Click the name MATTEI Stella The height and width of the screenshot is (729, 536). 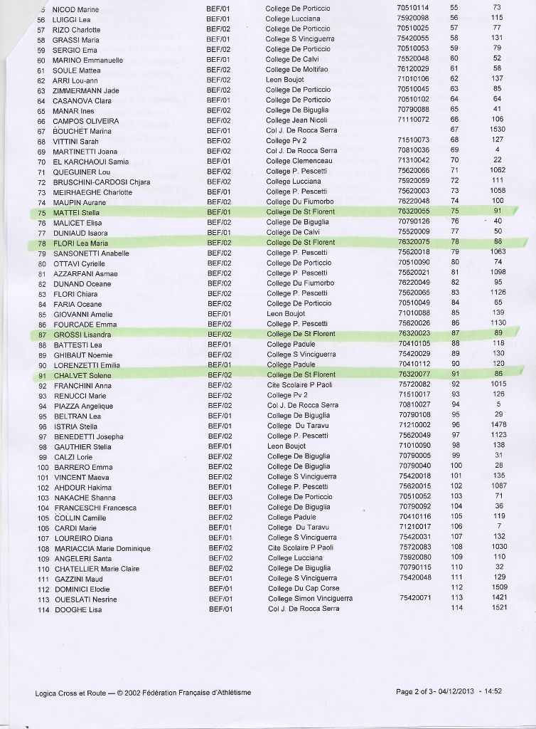point(76,212)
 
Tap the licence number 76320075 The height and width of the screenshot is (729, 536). point(413,243)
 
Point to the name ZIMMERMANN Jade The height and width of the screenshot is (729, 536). point(86,90)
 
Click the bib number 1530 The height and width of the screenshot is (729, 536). point(497,129)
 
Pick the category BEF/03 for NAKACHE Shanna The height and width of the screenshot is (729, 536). point(219,497)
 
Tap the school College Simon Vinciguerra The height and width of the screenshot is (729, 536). point(309,599)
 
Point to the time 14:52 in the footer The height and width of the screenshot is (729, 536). point(491,691)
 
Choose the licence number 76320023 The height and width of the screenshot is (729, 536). point(413,334)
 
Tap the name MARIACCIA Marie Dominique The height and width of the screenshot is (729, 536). point(102,549)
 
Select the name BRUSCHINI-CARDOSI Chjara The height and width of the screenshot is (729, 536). point(102,182)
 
